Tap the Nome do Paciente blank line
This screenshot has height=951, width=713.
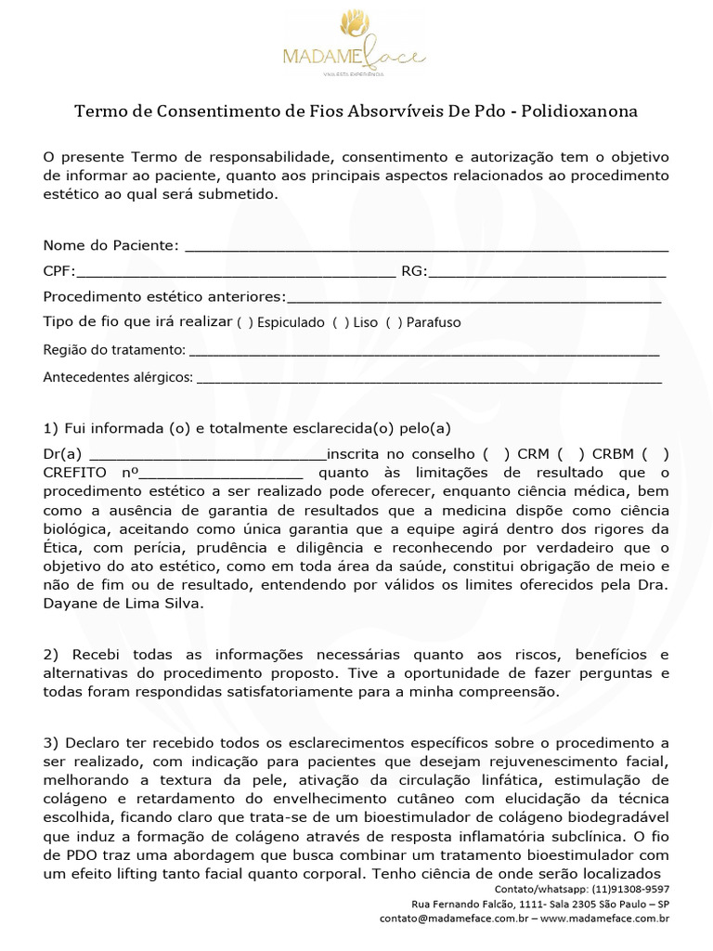click(x=427, y=246)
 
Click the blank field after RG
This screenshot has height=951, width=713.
click(x=547, y=272)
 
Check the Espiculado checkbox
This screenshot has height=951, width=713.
click(x=244, y=323)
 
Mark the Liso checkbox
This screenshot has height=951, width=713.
click(x=340, y=323)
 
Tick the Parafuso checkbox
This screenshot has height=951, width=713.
click(x=394, y=323)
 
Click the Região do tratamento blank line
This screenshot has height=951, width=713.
click(x=423, y=351)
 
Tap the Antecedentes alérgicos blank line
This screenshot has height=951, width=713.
click(x=429, y=379)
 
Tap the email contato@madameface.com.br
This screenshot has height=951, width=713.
click(x=455, y=918)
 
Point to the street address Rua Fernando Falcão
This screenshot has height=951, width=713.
click(x=468, y=904)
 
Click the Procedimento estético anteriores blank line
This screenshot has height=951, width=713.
click(x=473, y=297)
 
